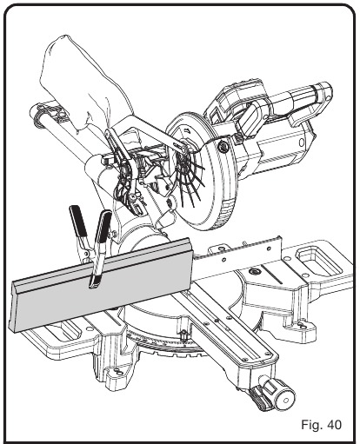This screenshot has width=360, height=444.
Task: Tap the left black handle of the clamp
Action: pos(76,224)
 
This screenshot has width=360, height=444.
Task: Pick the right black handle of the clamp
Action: pos(102,229)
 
